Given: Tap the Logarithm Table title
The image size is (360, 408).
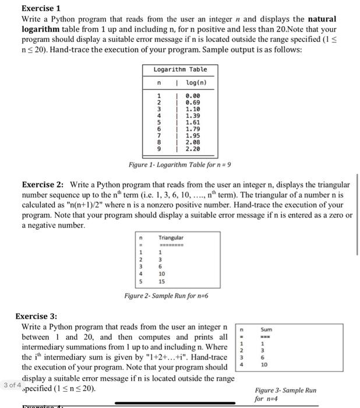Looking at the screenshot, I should pyautogui.click(x=180, y=69).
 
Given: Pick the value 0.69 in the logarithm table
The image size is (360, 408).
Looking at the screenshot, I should pyautogui.click(x=193, y=101).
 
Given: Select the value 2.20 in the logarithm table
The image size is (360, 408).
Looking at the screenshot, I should pyautogui.click(x=193, y=149).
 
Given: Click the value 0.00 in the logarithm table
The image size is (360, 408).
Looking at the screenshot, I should pyautogui.click(x=193, y=94).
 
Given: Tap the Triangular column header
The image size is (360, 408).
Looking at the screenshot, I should pyautogui.click(x=171, y=238).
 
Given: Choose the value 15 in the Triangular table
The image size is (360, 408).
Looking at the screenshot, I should pyautogui.click(x=162, y=280).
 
